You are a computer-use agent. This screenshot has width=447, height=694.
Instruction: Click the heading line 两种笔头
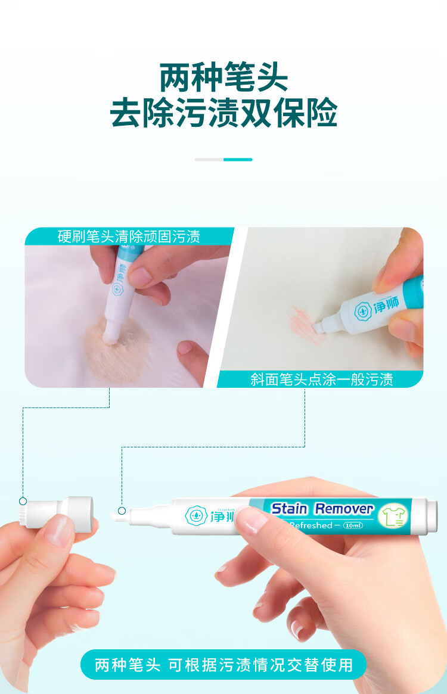[x=223, y=78]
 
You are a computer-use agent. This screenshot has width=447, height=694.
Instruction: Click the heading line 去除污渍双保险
[x=223, y=113]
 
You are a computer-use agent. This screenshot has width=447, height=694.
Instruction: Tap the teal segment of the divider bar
[x=238, y=160]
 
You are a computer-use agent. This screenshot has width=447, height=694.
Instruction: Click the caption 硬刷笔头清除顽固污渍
[x=128, y=236]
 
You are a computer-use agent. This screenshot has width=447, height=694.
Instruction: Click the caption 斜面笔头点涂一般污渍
[x=321, y=379]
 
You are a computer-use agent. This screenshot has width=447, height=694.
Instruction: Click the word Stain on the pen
[x=289, y=509]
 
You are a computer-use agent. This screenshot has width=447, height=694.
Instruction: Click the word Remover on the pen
[x=344, y=509]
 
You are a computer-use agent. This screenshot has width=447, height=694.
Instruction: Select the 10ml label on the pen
[x=353, y=525]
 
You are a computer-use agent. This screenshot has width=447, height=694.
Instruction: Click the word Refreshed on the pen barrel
[x=310, y=525]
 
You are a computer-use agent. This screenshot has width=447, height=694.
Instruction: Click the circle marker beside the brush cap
[x=23, y=501]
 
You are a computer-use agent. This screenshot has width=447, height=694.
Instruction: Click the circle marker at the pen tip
[x=122, y=511]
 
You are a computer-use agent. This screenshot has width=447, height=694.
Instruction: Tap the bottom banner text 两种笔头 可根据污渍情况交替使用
[x=223, y=664]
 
